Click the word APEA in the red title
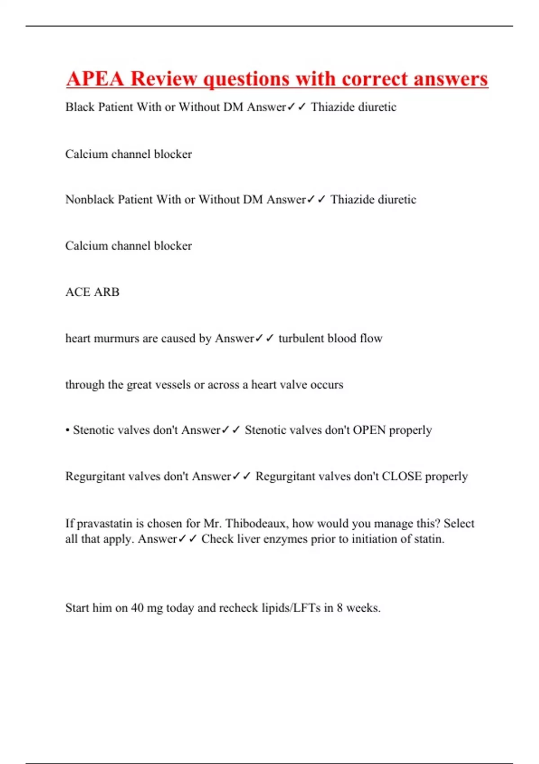coord(95,79)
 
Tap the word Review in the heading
coord(163,79)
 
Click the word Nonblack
coord(90,199)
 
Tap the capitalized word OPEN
coord(369,430)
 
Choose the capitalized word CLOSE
coord(402,476)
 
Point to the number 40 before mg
coord(137,608)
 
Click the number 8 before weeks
coord(340,608)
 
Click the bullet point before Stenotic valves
coord(67,431)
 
